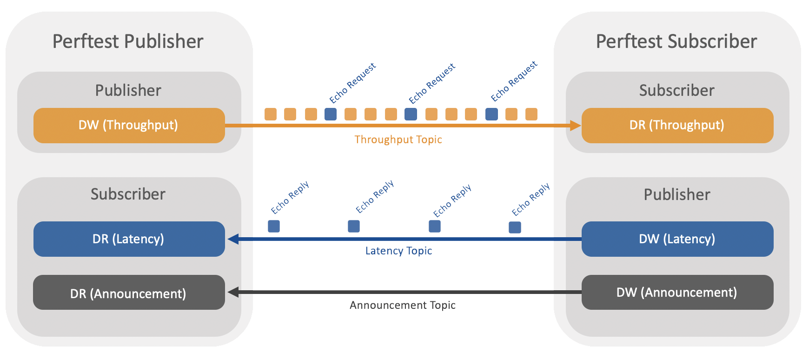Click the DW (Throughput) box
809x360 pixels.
click(x=129, y=125)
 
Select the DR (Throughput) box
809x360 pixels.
click(x=677, y=125)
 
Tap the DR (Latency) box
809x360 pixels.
click(x=129, y=239)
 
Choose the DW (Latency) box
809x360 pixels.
click(x=677, y=239)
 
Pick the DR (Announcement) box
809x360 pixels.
click(x=129, y=293)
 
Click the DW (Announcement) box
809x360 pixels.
click(x=677, y=292)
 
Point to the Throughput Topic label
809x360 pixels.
click(x=398, y=140)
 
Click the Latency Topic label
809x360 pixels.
click(x=398, y=251)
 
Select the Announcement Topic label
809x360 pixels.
click(x=402, y=305)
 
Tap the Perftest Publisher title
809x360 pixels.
click(x=128, y=41)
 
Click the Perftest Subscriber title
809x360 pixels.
click(x=676, y=41)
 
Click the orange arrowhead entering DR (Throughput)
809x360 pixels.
click(x=576, y=125)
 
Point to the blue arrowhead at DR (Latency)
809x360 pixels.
click(x=233, y=239)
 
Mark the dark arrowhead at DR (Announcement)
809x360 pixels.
click(x=233, y=292)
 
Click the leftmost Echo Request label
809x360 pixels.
click(x=352, y=83)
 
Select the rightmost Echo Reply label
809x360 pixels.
click(x=530, y=199)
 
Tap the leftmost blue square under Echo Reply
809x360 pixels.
click(x=274, y=226)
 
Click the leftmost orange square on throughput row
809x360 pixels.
click(x=271, y=114)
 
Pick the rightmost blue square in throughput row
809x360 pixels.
click(x=491, y=114)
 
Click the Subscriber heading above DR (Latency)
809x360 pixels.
click(x=128, y=194)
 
